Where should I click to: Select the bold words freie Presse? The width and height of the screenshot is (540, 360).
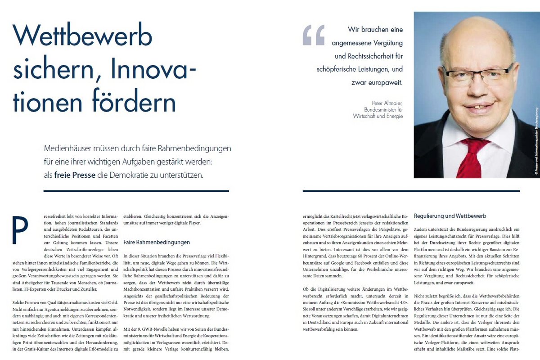pyautogui.click(x=75, y=175)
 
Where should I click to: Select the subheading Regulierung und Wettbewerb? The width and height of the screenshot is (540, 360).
pyautogui.click(x=444, y=216)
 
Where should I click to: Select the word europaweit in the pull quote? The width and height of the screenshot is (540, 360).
pyautogui.click(x=385, y=83)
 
